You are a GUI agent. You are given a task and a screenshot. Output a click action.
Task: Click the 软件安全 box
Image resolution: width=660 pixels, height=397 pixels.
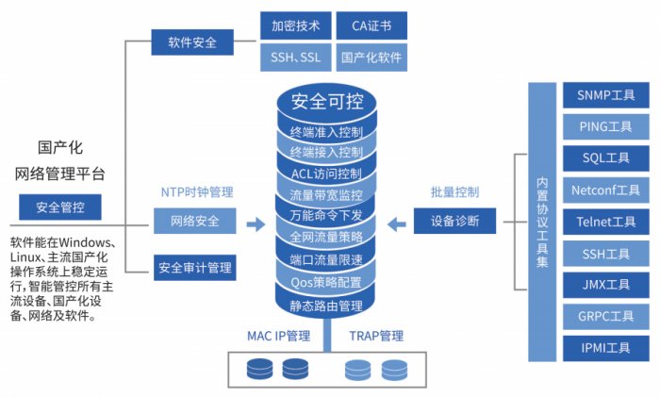(193, 41)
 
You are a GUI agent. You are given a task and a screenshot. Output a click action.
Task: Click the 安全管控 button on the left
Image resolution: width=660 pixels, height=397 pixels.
(60, 207)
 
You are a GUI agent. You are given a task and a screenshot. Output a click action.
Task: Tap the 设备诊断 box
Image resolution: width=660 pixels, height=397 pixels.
(454, 223)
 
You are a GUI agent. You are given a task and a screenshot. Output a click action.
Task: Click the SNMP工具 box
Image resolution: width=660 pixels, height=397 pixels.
(604, 95)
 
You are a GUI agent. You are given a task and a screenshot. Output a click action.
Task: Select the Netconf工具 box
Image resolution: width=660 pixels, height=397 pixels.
(604, 190)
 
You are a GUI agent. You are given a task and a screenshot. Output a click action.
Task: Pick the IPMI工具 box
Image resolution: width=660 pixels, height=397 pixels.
(604, 348)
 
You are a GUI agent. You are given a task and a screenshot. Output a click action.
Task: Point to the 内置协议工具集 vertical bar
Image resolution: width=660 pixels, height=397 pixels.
(541, 222)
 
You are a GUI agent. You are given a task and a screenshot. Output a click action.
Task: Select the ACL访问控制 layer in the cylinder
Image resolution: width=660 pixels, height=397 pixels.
(327, 174)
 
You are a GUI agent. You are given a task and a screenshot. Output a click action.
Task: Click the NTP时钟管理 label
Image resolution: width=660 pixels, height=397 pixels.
(195, 192)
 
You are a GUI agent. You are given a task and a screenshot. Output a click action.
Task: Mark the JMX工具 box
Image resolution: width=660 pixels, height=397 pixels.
(604, 285)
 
